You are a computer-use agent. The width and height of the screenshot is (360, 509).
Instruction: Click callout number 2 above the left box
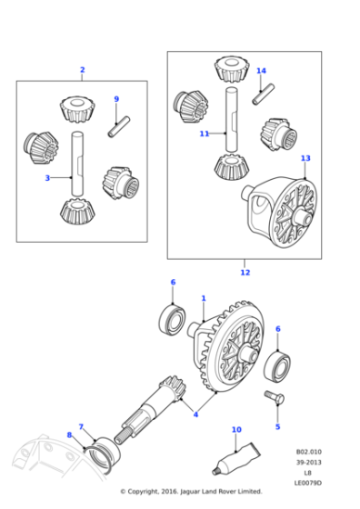pos(82,70)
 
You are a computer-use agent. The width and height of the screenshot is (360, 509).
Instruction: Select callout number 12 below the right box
pos(245,272)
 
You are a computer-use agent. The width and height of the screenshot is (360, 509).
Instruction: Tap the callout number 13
pos(305,158)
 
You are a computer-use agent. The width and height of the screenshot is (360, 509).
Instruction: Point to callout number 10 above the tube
pos(236,429)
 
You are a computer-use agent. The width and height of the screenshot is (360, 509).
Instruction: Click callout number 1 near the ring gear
pos(204,298)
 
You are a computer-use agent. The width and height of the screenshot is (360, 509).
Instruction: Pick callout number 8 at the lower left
pos(69,435)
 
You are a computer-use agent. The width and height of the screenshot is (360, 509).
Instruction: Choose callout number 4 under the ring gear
pos(195,414)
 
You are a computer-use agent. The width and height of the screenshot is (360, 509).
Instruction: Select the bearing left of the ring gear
pos(171,320)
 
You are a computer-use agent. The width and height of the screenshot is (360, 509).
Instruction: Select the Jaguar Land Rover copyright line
pos(191,492)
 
